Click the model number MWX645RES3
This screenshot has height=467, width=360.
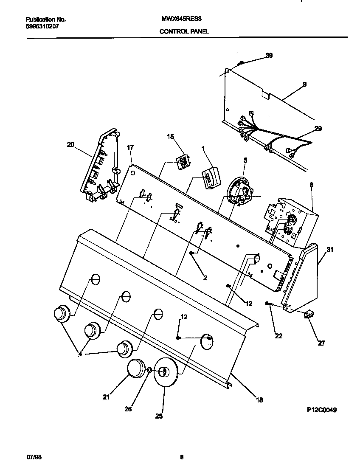pos(178,20)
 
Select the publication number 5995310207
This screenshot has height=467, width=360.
pos(42,26)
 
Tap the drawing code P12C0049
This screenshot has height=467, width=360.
pos(322,410)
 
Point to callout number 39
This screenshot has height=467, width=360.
pos(269,56)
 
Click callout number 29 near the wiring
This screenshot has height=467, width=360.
pos(318,129)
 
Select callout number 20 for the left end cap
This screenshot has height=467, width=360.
pos(70,144)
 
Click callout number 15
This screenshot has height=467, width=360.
pos(170,137)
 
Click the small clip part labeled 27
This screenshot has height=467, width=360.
pos(309,315)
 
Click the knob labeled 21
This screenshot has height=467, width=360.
pos(137,368)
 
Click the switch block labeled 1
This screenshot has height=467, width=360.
pos(211,177)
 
